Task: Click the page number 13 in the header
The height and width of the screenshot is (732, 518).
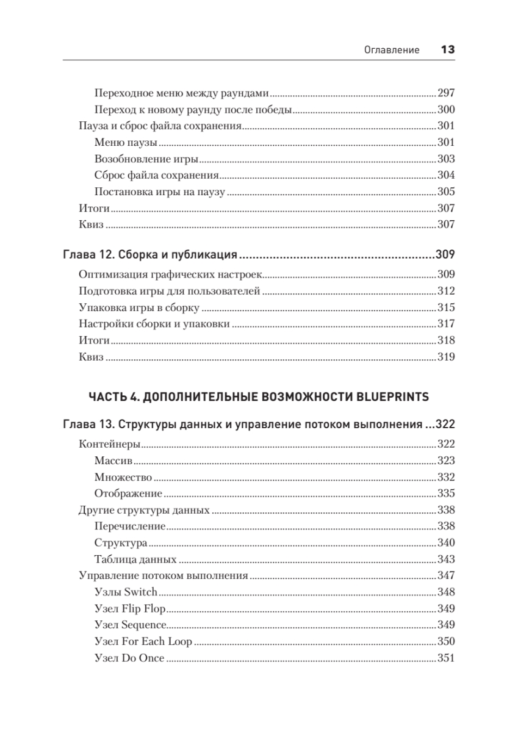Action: pyautogui.click(x=447, y=50)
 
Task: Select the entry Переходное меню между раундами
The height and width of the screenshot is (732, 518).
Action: pyautogui.click(x=181, y=94)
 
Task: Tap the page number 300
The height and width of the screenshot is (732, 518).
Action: pyautogui.click(x=447, y=110)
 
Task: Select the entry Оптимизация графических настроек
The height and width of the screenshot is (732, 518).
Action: pyautogui.click(x=170, y=274)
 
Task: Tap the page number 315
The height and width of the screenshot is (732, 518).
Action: pyautogui.click(x=447, y=307)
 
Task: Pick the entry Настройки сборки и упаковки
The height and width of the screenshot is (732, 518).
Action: pyautogui.click(x=154, y=324)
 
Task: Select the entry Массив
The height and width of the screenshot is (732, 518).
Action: pyautogui.click(x=114, y=461)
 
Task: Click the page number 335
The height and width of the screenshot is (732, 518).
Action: pyautogui.click(x=447, y=493)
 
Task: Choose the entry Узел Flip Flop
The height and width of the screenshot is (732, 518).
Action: pyautogui.click(x=131, y=609)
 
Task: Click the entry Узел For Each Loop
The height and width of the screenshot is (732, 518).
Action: pyautogui.click(x=143, y=642)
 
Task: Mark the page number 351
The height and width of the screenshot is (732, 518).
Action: pyautogui.click(x=447, y=658)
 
